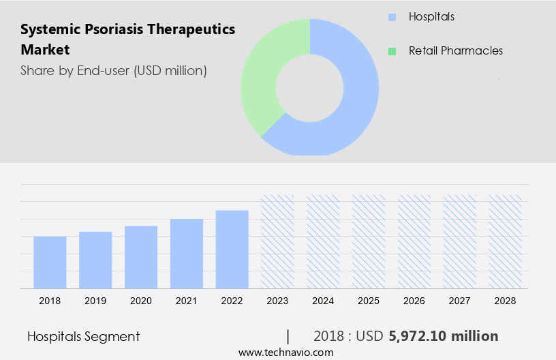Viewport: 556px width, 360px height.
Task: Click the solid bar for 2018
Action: coord(50,262)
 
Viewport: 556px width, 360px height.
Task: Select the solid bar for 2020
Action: coord(141,257)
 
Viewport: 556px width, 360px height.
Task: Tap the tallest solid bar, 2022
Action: coord(232,249)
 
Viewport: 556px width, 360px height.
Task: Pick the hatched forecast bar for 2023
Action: coord(278,241)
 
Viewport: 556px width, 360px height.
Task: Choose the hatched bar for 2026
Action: coord(414,241)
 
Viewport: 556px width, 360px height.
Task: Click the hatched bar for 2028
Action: coord(506,241)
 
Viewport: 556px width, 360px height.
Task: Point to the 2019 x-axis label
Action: coord(95,301)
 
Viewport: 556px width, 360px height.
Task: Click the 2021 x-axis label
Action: coord(187,301)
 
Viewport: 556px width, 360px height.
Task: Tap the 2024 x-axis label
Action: coord(324,301)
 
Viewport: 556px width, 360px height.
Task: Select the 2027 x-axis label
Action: coord(460,301)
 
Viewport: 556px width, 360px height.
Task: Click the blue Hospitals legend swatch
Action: coord(391,16)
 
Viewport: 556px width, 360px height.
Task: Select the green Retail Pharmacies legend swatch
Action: coord(391,51)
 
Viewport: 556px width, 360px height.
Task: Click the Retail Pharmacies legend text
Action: coord(455,51)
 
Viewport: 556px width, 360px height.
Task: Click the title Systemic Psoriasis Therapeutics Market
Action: coord(127,40)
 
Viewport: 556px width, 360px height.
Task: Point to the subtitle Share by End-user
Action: coord(113,70)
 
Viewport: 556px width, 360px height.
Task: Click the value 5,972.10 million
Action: coord(444,336)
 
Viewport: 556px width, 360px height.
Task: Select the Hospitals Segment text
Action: coord(83,336)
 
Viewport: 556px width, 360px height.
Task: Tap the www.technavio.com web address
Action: coord(286,352)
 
